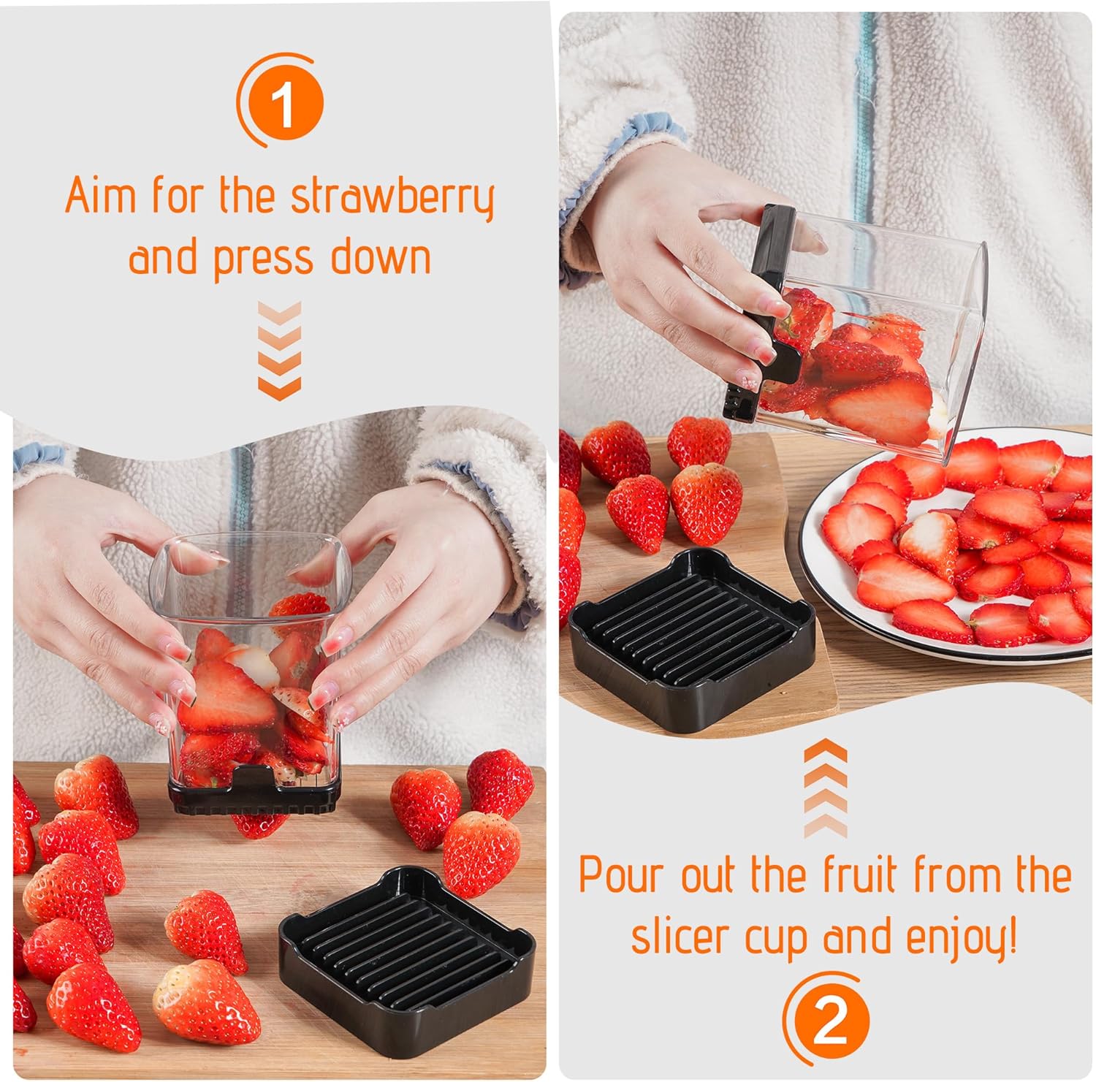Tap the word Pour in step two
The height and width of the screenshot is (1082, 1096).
click(623, 875)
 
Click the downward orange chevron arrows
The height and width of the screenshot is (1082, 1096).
click(279, 351)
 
